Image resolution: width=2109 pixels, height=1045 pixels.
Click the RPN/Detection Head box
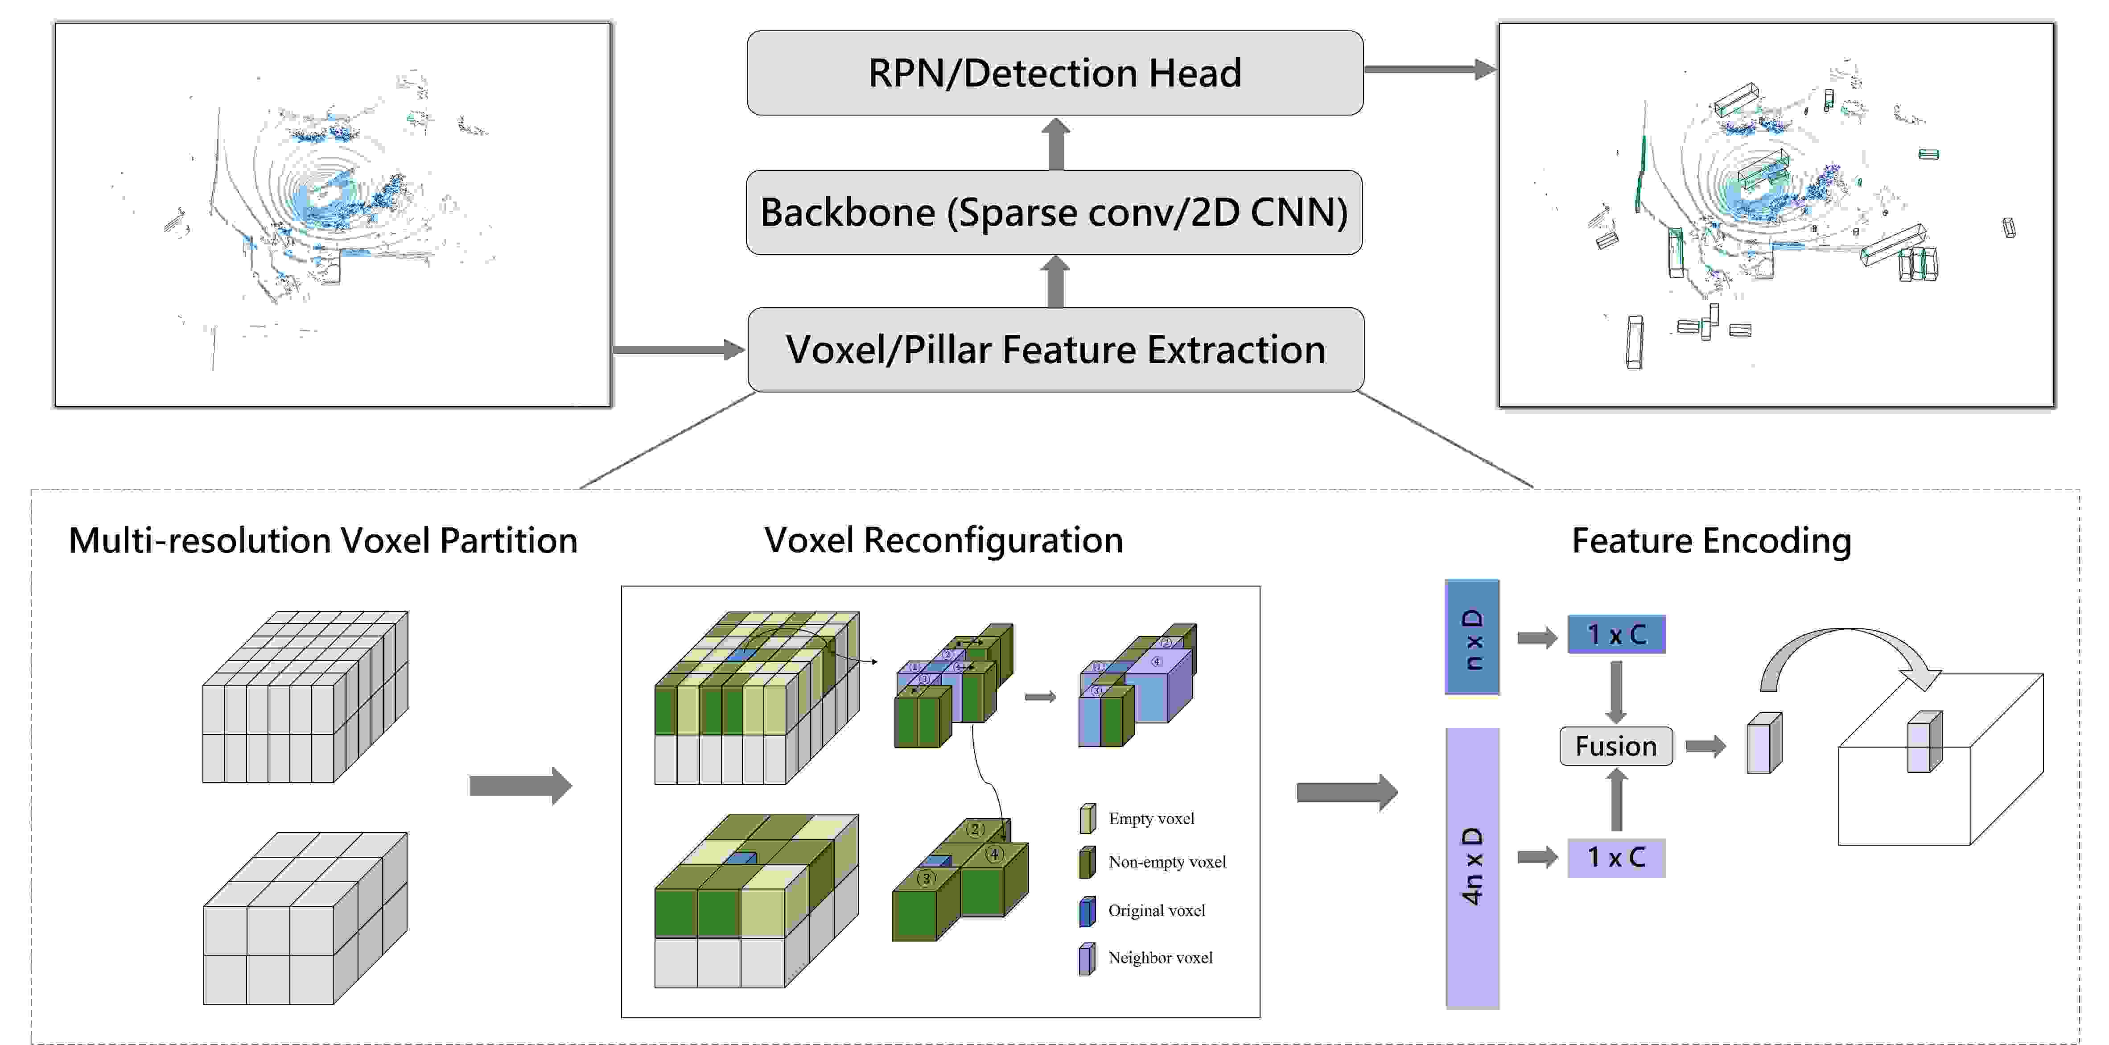click(x=1054, y=73)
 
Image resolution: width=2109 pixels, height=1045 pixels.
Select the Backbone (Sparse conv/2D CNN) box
click(x=1054, y=212)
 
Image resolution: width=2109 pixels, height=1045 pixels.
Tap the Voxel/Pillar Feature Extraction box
click(x=1054, y=350)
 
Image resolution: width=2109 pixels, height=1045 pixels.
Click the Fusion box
click(x=1615, y=746)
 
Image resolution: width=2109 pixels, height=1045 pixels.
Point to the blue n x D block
click(x=1472, y=637)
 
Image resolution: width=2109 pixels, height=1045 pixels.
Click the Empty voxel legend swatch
click(x=1087, y=818)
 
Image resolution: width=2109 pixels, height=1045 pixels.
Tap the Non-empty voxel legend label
click(x=1167, y=862)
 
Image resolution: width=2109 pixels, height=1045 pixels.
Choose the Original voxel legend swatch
click(x=1087, y=911)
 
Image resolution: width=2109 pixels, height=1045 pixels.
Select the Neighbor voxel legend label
click(x=1160, y=958)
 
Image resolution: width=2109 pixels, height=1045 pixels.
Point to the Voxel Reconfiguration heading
click(x=943, y=541)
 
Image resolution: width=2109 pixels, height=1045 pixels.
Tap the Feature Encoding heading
click(x=1711, y=541)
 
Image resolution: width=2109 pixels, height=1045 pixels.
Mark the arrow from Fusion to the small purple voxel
click(x=1705, y=746)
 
